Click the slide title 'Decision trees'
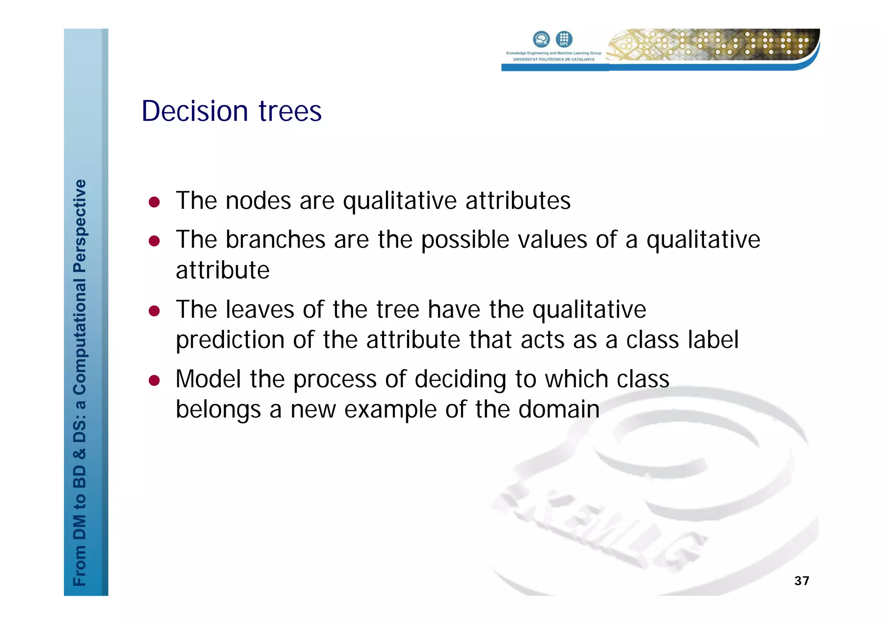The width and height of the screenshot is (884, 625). tap(231, 111)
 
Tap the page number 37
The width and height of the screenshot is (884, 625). tap(802, 581)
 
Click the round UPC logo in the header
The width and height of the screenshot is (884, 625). tap(564, 39)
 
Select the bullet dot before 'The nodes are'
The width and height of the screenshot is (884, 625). tap(154, 202)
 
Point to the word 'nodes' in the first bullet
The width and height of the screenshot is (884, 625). tap(258, 201)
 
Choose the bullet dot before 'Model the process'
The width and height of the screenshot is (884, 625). tap(154, 380)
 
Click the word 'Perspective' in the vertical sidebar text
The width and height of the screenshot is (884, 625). tap(80, 226)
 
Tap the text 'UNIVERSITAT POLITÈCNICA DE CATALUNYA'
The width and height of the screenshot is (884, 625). tap(553, 60)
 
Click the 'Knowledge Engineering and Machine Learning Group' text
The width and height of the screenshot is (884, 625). tap(553, 53)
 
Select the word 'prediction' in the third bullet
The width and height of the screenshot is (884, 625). tap(230, 340)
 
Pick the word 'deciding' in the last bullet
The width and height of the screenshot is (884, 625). tap(460, 379)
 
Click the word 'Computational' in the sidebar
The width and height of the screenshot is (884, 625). tap(80, 337)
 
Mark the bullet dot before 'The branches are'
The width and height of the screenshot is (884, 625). tap(154, 241)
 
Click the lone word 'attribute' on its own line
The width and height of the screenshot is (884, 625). tap(223, 271)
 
